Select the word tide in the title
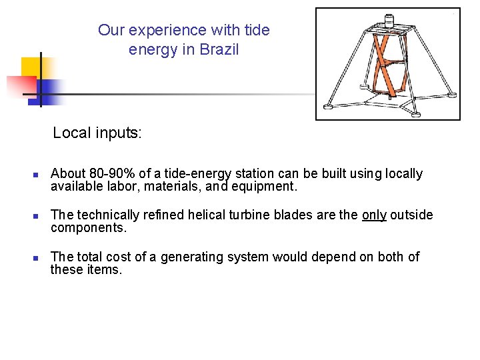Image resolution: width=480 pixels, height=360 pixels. pos(257,30)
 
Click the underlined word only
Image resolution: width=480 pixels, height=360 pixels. pos(374,215)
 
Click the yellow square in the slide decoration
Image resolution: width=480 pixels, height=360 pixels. pos(31,67)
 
